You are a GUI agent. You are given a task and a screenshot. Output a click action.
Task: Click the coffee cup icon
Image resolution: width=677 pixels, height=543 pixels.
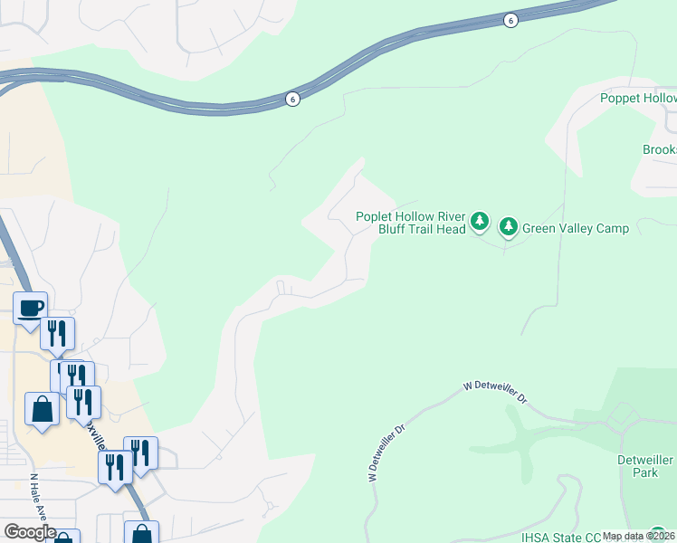(30, 307)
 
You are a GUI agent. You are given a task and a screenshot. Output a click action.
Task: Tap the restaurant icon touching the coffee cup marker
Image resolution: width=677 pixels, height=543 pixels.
(57, 333)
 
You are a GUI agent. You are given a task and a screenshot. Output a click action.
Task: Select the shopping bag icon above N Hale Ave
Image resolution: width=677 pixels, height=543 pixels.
(42, 409)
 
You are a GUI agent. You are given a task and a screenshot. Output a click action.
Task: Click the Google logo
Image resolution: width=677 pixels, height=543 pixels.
(30, 532)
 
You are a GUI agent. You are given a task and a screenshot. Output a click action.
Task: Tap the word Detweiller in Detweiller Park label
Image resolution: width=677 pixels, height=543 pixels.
(645, 460)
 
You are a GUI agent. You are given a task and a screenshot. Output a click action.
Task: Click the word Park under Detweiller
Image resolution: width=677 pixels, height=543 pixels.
(645, 472)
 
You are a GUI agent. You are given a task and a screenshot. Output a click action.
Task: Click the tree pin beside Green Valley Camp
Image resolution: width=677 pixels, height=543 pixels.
(508, 226)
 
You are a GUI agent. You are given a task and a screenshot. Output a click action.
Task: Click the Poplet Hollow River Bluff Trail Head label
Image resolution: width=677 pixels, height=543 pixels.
(411, 223)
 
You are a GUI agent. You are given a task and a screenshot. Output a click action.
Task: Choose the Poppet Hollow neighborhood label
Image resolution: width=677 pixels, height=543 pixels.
(638, 98)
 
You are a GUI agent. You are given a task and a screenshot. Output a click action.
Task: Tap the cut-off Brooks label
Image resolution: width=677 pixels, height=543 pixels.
(659, 149)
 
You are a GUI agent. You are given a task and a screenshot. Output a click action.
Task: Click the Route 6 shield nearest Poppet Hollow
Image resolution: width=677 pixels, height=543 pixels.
(510, 21)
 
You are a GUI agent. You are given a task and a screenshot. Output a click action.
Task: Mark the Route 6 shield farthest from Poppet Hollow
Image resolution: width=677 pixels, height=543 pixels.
(292, 99)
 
